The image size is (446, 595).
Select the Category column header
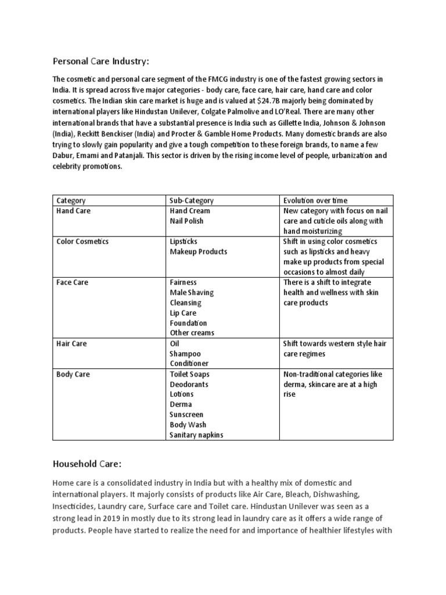click(71, 200)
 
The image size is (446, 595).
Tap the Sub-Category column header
click(192, 200)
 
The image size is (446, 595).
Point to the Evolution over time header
click(315, 200)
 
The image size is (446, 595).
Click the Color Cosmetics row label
click(82, 241)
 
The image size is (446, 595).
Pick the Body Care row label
click(73, 374)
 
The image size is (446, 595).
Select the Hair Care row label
click(72, 343)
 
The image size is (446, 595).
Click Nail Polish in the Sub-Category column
click(187, 221)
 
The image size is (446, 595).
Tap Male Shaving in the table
click(192, 292)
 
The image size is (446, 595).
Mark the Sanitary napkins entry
click(196, 435)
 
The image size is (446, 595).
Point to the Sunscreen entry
click(186, 415)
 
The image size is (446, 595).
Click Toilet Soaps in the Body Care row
click(189, 374)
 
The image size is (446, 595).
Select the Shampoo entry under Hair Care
click(185, 354)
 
